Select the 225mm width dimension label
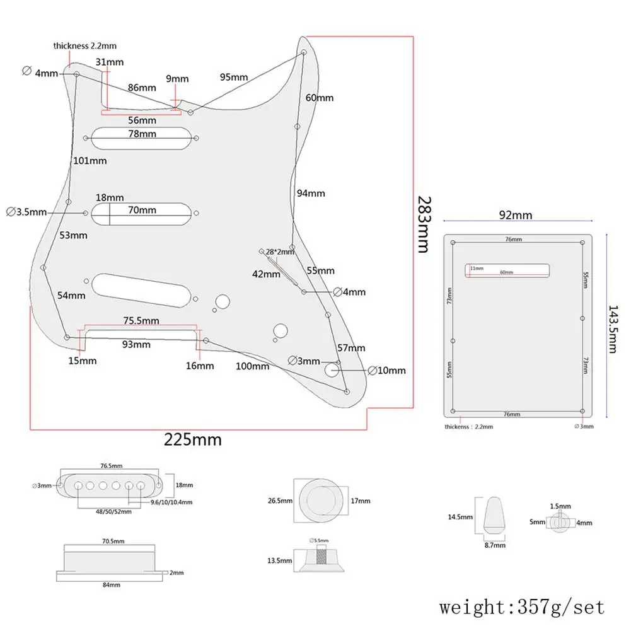coord(193,439)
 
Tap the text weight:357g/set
coord(522,607)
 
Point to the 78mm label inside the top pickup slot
coord(142,134)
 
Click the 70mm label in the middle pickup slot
coord(142,211)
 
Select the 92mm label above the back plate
coord(516,215)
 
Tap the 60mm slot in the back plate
coord(507,270)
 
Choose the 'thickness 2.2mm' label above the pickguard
coord(84,46)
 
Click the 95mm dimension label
coord(233,77)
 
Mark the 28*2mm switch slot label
coord(280,252)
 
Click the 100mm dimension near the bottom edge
coord(252,366)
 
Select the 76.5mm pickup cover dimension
coord(110,466)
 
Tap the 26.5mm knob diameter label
coord(280,501)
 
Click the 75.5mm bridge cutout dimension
coord(141,321)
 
